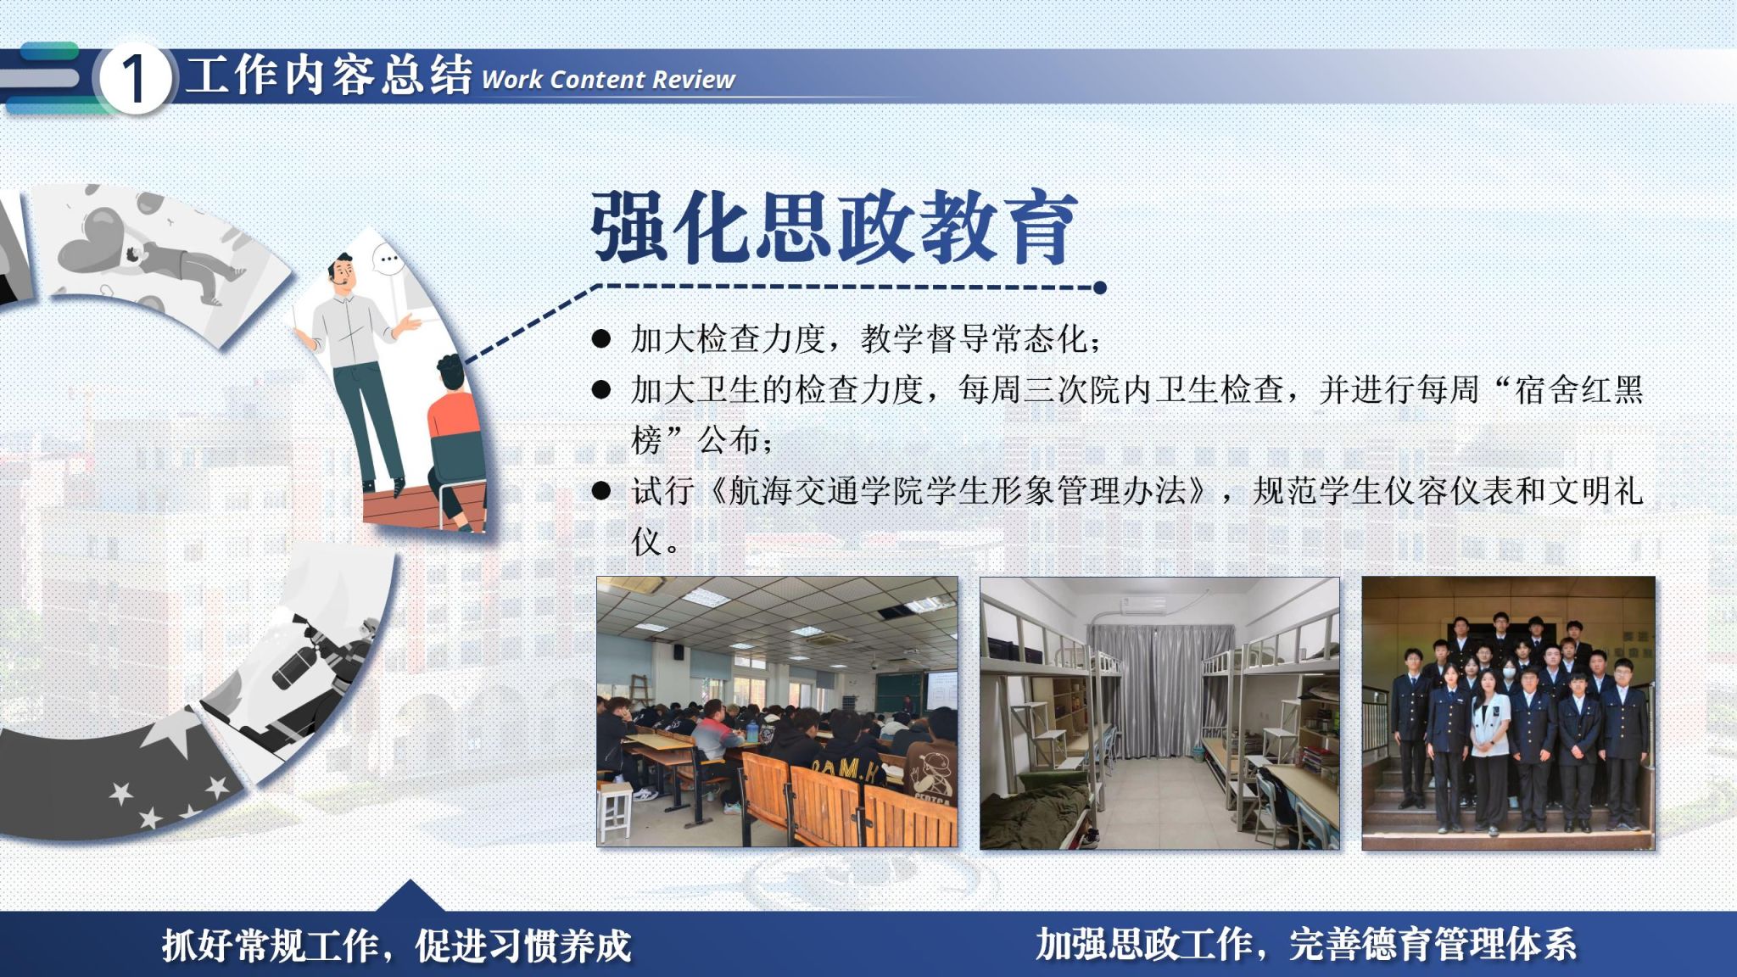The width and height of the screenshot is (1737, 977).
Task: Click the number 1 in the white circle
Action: pos(134,80)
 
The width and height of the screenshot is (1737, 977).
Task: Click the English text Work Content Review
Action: pos(608,80)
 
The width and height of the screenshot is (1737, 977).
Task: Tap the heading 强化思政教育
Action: pos(835,226)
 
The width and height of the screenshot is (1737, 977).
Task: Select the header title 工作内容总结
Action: pos(328,75)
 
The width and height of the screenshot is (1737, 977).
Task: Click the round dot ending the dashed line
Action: pos(1100,288)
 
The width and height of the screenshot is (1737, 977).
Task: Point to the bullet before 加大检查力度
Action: pos(601,339)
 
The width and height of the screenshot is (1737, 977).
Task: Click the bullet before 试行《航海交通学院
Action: pos(601,490)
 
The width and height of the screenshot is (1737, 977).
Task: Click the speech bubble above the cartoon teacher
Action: pos(388,259)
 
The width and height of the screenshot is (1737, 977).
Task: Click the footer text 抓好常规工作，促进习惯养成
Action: pos(397,946)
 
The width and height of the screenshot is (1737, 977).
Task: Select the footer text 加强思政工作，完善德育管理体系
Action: pos(1306,944)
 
